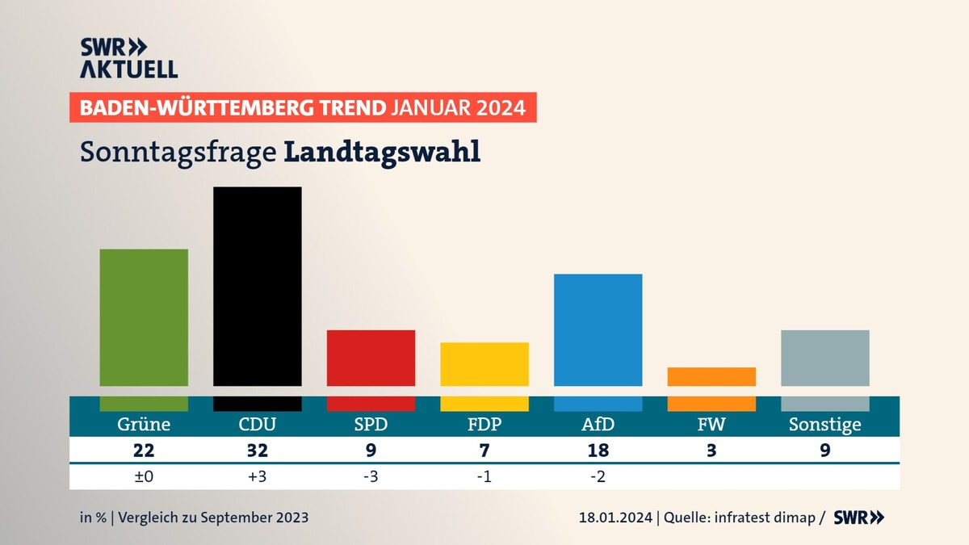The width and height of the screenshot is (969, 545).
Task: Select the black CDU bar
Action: [x=258, y=287]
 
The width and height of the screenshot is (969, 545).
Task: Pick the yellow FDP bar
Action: [x=484, y=364]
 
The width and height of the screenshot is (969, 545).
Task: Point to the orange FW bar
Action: [x=711, y=377]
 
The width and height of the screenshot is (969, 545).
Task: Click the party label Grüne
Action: [x=144, y=425]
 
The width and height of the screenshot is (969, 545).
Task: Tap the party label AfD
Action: [x=598, y=425]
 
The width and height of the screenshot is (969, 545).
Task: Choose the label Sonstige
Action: [x=825, y=425]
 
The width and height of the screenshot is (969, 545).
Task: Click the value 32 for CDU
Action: [x=258, y=451]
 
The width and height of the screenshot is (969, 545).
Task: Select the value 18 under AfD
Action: [x=598, y=451]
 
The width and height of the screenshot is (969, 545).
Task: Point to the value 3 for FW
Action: [x=711, y=451]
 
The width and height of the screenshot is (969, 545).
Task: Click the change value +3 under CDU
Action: [x=258, y=476]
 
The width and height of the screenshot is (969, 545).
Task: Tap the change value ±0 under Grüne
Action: [x=144, y=476]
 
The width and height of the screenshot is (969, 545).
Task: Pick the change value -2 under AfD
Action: [x=598, y=476]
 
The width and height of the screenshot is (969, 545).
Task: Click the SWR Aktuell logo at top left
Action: [x=128, y=57]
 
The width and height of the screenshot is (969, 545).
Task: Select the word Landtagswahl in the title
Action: [x=382, y=152]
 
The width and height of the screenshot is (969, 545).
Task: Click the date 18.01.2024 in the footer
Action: [x=617, y=518]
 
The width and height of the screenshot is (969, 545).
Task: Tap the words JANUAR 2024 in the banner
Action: [x=458, y=107]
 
